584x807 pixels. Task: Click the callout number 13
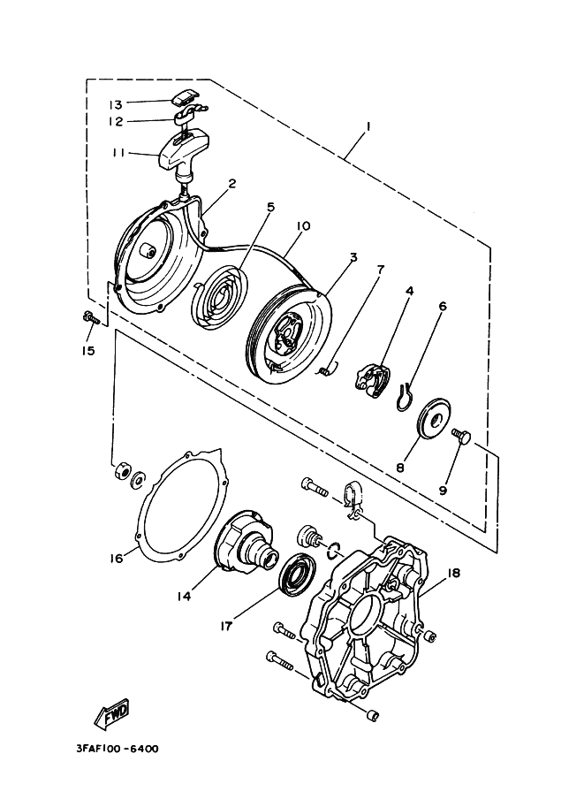click(116, 103)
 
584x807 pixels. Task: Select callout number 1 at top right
click(368, 127)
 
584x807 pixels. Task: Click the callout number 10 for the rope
click(302, 226)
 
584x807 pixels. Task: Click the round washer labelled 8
click(436, 417)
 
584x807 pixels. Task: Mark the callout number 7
click(378, 269)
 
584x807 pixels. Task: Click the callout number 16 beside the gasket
click(116, 558)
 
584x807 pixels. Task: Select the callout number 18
click(454, 574)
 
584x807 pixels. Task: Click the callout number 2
click(231, 184)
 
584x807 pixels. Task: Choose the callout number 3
click(353, 258)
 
